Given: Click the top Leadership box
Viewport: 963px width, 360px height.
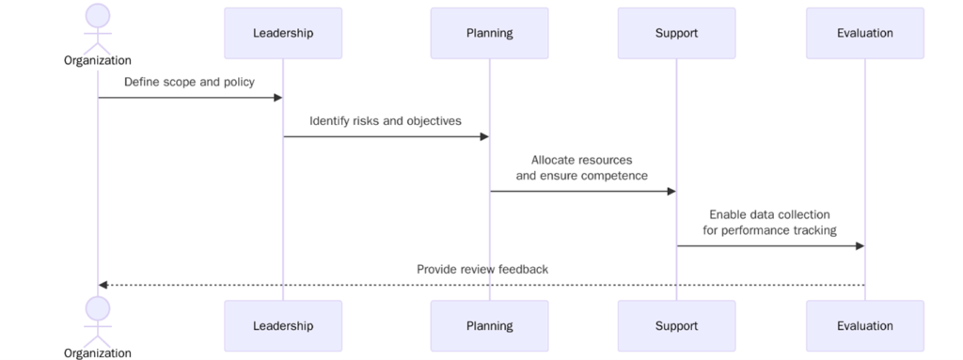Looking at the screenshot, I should pos(283,33).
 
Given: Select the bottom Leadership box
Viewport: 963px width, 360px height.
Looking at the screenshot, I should pos(283,326).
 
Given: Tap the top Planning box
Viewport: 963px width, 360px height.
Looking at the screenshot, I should pos(489,33).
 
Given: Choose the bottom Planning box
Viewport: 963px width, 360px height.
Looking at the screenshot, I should pos(489,326).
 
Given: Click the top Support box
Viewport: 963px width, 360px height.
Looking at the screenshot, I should pos(676,33).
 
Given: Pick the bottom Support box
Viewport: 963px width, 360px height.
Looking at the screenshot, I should pos(676,326).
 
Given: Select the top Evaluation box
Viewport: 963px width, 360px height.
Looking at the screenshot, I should pos(864,33).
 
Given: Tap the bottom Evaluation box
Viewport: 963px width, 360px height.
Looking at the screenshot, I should pos(864,326).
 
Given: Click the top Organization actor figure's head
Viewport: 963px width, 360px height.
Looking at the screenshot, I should pos(98,15).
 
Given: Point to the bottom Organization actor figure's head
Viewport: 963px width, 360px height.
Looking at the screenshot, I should pos(98,308).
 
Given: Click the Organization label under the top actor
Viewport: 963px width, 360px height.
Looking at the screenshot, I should pos(98,60).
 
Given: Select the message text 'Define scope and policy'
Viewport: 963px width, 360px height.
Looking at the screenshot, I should pos(189,82).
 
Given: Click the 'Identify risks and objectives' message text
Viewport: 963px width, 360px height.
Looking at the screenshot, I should pos(386,120).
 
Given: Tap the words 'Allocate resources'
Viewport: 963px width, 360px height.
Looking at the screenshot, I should pos(581,160).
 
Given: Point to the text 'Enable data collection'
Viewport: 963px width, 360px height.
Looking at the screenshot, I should pos(769,214).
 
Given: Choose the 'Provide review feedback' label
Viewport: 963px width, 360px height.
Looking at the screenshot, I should pos(482,270).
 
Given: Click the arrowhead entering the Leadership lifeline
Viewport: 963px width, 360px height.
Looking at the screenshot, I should pos(277,98).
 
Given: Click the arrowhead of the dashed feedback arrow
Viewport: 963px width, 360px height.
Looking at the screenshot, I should pos(103,285).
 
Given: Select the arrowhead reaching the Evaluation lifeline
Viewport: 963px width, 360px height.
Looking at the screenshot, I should pos(859,246).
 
